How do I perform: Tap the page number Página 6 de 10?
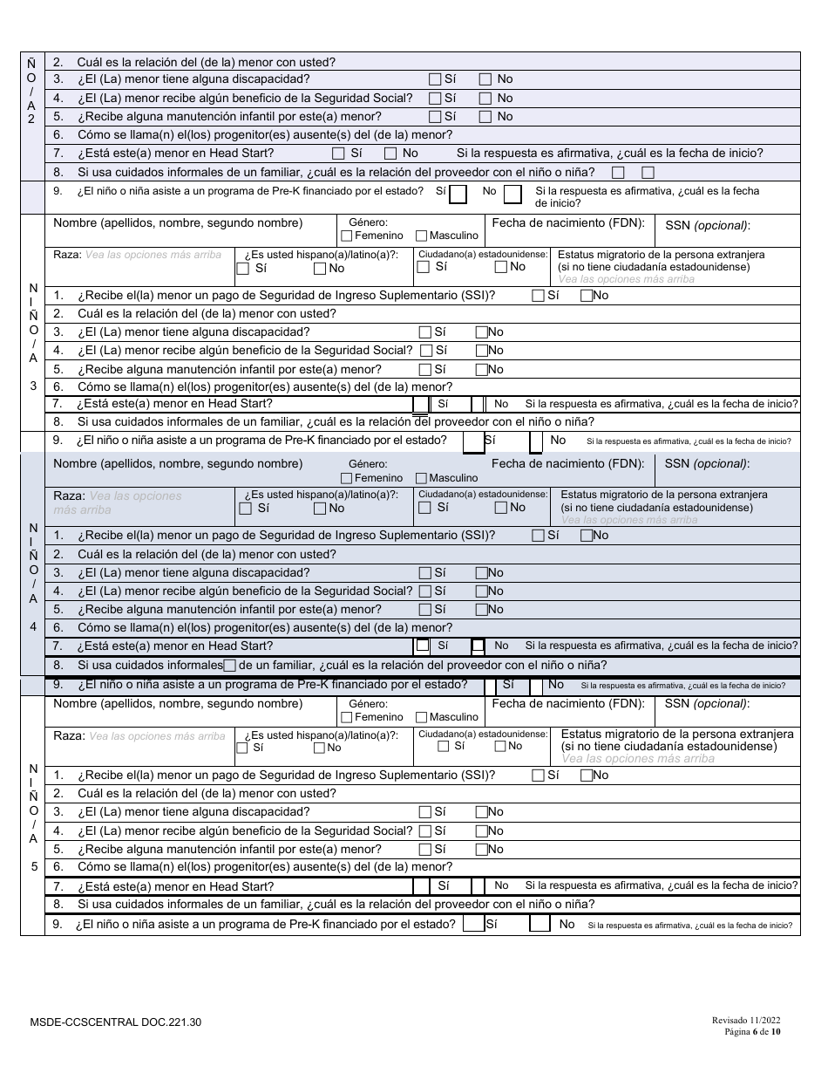[754, 1031]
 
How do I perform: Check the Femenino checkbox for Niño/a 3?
[347, 236]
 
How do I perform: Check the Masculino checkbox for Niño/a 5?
[422, 717]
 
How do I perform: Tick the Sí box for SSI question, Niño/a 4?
[539, 536]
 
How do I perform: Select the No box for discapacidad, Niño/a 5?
[481, 812]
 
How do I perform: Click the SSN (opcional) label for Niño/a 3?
[707, 225]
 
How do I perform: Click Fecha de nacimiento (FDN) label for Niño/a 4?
[567, 463]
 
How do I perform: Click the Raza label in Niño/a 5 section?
[68, 735]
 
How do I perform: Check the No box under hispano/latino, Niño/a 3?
[320, 269]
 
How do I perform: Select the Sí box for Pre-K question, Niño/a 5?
[473, 924]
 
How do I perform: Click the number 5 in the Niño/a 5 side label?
[33, 867]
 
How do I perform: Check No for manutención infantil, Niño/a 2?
[485, 117]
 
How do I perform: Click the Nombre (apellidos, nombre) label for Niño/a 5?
[178, 703]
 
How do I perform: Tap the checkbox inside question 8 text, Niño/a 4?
[230, 665]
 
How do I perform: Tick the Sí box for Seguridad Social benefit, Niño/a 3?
[425, 351]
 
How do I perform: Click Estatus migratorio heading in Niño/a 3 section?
[662, 255]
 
